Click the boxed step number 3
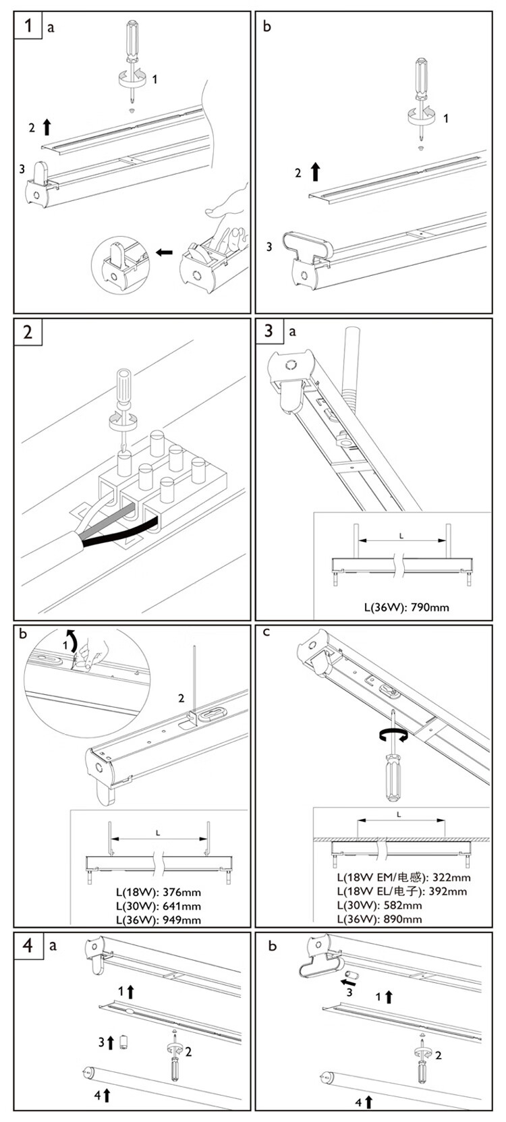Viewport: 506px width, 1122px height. (269, 331)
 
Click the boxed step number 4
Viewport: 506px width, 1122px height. (28, 945)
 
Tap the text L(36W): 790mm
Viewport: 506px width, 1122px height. (406, 607)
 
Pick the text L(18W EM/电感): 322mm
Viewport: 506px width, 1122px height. (403, 878)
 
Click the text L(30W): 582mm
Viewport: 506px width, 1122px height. (379, 905)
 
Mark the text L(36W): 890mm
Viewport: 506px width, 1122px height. (379, 919)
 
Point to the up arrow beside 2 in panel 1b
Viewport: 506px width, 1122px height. (315, 171)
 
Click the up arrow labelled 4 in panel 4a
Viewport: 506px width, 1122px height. (106, 1096)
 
